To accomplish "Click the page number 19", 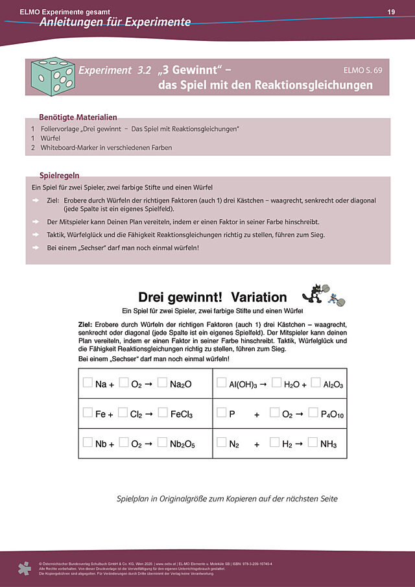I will pos(391,12).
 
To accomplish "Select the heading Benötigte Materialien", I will pos(78,117).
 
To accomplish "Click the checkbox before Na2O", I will pos(163,383).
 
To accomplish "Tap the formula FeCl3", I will pos(181,414).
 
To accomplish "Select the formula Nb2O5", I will pos(182,444).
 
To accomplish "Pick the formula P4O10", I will pos(332,414).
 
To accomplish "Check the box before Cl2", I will pos(123,413).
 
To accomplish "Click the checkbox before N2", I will pos(222,443).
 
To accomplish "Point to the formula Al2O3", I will pos(333,384).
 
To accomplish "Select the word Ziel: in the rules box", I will pos(53,200).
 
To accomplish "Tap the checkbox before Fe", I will pos(88,413).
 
